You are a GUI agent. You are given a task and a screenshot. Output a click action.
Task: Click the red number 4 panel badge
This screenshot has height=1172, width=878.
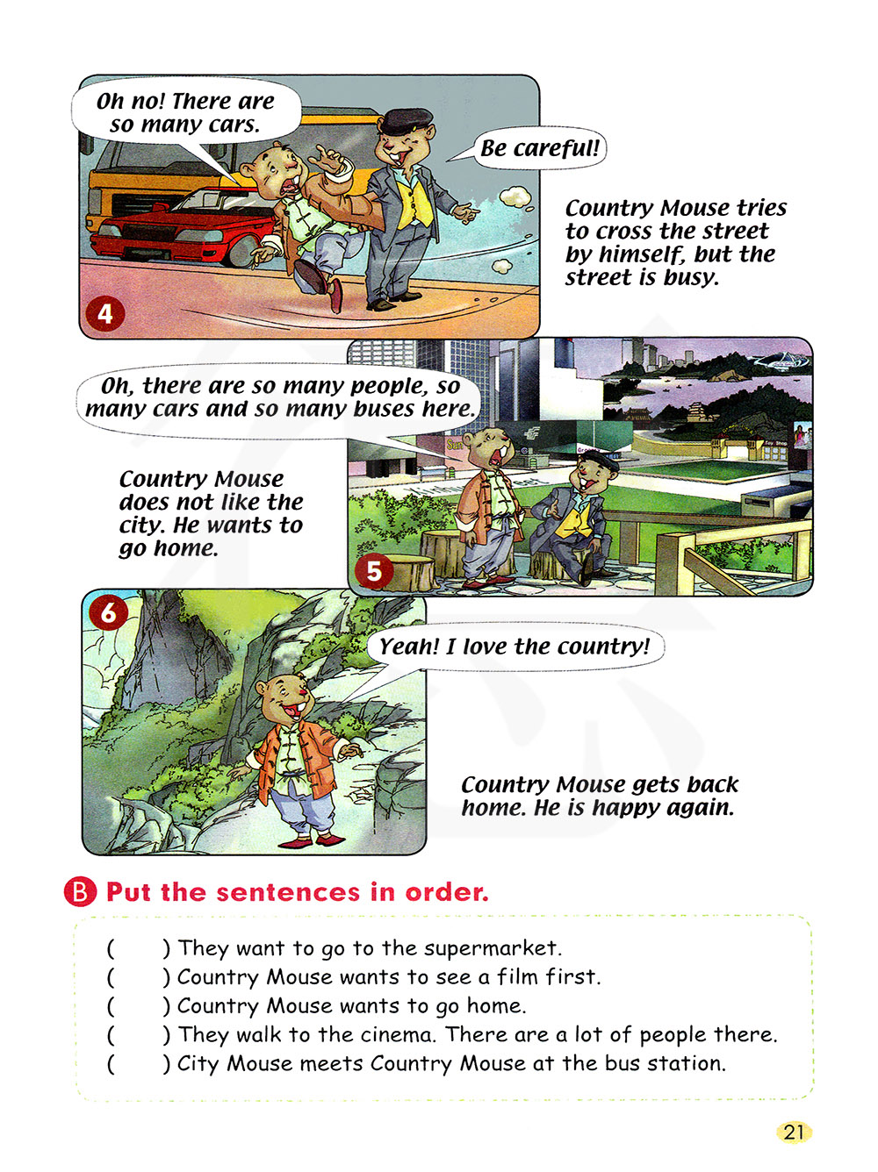(x=104, y=314)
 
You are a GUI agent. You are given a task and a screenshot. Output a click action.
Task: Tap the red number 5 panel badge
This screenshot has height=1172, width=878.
(x=373, y=572)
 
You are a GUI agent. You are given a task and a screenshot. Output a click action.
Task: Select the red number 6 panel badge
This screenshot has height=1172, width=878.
(x=109, y=612)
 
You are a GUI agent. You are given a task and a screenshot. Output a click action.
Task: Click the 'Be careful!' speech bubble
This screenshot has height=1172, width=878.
(x=540, y=148)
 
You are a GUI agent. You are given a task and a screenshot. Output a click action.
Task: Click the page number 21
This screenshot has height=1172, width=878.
(x=793, y=1132)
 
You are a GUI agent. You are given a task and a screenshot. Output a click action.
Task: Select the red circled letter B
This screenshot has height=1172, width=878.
(x=80, y=891)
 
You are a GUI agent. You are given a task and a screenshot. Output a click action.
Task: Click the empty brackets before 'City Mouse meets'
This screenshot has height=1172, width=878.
(x=139, y=1064)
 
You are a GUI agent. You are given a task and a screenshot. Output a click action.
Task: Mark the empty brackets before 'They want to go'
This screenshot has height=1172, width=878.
(x=139, y=949)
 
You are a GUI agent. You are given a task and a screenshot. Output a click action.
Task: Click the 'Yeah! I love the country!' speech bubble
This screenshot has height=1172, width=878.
(x=515, y=647)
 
